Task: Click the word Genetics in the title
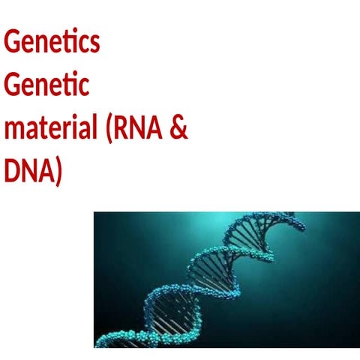coord(52,42)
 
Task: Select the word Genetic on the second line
coord(46,85)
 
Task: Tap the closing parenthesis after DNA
coord(59,172)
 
